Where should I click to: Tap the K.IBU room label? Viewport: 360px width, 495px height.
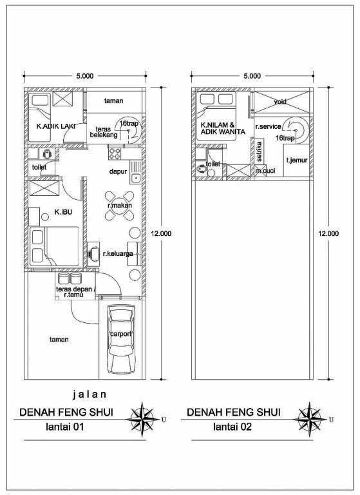pyautogui.click(x=63, y=212)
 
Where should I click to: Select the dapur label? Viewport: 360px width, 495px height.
pyautogui.click(x=118, y=171)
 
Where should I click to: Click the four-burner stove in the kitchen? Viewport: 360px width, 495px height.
pyautogui.click(x=115, y=153)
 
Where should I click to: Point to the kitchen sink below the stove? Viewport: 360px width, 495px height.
pyautogui.click(x=136, y=172)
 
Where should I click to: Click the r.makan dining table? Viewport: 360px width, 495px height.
pyautogui.click(x=119, y=206)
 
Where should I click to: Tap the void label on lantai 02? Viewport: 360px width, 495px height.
pyautogui.click(x=280, y=102)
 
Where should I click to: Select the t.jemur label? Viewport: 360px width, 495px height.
pyautogui.click(x=297, y=160)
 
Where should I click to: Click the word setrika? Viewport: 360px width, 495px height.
pyautogui.click(x=259, y=151)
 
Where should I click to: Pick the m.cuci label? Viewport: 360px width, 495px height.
pyautogui.click(x=265, y=171)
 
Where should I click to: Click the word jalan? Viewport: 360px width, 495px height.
pyautogui.click(x=90, y=394)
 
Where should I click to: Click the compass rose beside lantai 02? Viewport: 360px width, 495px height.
pyautogui.click(x=310, y=420)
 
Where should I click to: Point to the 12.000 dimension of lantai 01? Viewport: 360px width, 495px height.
pyautogui.click(x=161, y=233)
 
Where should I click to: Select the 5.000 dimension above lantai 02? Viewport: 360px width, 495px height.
pyautogui.click(x=252, y=76)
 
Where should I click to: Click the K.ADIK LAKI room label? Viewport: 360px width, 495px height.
pyautogui.click(x=55, y=126)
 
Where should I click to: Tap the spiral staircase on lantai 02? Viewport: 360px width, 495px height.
pyautogui.click(x=296, y=130)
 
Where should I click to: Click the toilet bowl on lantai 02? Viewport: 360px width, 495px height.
pyautogui.click(x=200, y=170)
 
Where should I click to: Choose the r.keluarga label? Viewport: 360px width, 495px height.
pyautogui.click(x=118, y=254)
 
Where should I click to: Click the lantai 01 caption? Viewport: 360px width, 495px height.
pyautogui.click(x=65, y=427)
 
